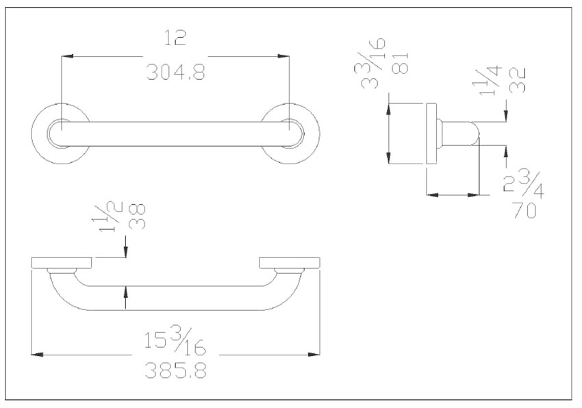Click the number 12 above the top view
click(176, 39)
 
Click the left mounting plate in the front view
click(62, 263)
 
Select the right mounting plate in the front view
click(290, 263)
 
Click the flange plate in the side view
click(431, 133)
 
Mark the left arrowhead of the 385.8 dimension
click(38, 353)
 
